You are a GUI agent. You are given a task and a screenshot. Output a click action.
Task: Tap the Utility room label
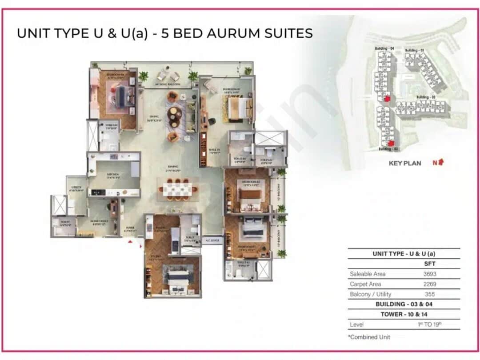pyautogui.click(x=76, y=188)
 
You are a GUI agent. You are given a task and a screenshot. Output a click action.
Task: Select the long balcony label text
pyautogui.click(x=167, y=84)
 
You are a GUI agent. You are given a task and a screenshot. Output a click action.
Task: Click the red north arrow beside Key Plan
pyautogui.click(x=440, y=162)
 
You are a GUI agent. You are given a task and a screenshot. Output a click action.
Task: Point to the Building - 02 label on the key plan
pyautogui.click(x=426, y=97)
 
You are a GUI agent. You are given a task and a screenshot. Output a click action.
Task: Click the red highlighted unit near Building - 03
pyautogui.click(x=391, y=143)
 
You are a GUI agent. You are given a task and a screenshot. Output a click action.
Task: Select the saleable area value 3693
pyautogui.click(x=429, y=274)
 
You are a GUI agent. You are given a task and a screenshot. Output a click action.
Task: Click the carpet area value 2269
pyautogui.click(x=429, y=284)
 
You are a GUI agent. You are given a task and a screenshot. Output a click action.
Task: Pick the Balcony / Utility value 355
pyautogui.click(x=429, y=294)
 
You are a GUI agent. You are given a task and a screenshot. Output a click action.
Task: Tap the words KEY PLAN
pyautogui.click(x=405, y=163)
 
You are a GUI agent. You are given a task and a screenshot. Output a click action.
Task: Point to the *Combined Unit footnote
pyautogui.click(x=369, y=337)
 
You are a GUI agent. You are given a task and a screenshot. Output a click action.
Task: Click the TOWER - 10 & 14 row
pyautogui.click(x=404, y=314)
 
